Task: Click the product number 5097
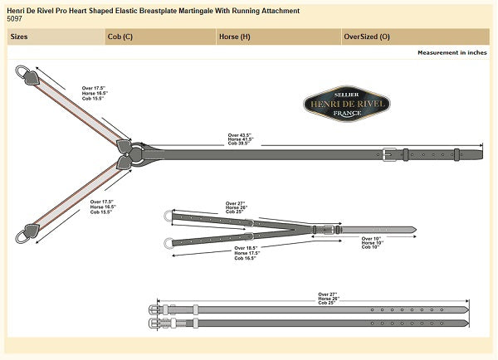14,18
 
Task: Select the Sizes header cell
20,37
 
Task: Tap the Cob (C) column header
120,37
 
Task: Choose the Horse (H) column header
234,37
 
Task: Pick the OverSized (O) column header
367,37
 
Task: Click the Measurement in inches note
452,52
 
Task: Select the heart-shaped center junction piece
130,153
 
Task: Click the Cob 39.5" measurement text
239,144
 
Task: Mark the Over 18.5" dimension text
246,248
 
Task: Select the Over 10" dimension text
372,239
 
